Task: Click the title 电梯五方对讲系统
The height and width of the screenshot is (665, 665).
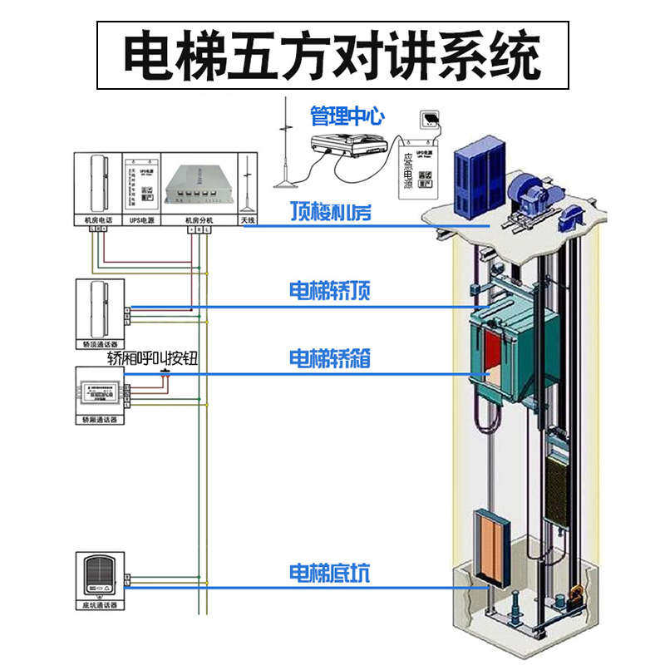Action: point(332,55)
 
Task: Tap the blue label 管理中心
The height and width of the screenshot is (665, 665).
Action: point(347,116)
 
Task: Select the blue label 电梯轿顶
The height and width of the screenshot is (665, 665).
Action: point(329,291)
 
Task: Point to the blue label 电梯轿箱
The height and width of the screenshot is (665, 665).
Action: point(329,358)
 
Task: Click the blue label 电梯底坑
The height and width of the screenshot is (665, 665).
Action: point(329,573)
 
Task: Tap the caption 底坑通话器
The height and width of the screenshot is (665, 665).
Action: point(99,605)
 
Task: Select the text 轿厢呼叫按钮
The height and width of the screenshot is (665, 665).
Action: point(157,358)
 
